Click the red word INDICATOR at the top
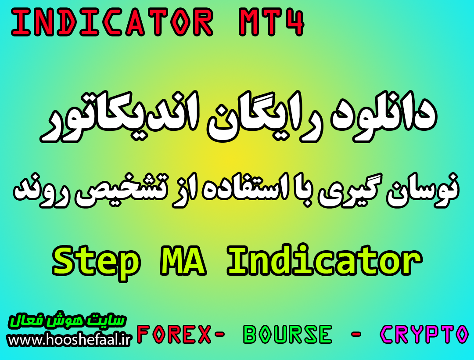coord(112,22)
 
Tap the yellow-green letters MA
coord(183,260)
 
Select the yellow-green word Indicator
coord(324,260)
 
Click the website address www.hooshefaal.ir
coord(69,340)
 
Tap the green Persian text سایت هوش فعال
coord(67,321)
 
